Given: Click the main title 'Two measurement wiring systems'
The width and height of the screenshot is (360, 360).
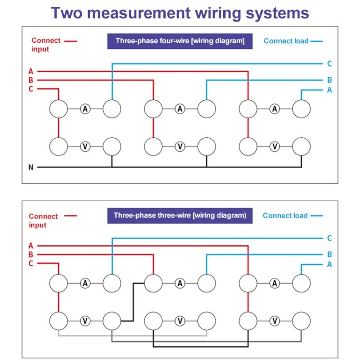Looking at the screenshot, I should pyautogui.click(x=180, y=12).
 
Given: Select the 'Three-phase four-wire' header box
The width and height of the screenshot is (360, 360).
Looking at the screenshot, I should pyautogui.click(x=180, y=41).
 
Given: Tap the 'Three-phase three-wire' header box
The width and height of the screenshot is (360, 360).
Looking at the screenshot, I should pyautogui.click(x=180, y=216).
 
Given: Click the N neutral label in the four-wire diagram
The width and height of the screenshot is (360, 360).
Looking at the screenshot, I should pyautogui.click(x=31, y=168).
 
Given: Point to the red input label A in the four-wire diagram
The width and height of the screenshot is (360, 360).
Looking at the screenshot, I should pyautogui.click(x=31, y=72).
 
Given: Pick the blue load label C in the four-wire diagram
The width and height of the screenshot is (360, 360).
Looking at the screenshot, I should pyautogui.click(x=329, y=63).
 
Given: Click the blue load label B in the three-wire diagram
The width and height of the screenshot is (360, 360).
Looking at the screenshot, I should pyautogui.click(x=329, y=255).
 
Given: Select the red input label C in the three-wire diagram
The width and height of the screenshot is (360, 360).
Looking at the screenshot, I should pyautogui.click(x=31, y=263).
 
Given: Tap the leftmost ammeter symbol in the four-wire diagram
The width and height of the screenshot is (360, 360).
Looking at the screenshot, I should pyautogui.click(x=85, y=109).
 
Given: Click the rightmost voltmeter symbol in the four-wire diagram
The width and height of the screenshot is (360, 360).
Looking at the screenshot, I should pyautogui.click(x=275, y=146).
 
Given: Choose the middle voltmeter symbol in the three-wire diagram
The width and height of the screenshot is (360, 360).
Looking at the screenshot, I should pyautogui.click(x=180, y=321).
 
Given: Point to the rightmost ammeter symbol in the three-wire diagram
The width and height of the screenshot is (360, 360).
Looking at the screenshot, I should pyautogui.click(x=275, y=284).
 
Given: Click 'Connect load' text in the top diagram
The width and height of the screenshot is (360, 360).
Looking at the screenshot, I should pyautogui.click(x=286, y=41).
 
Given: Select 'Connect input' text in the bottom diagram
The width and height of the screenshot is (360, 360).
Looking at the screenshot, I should pyautogui.click(x=43, y=221).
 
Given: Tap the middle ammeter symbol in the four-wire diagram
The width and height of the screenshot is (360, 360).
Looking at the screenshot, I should pyautogui.click(x=180, y=109).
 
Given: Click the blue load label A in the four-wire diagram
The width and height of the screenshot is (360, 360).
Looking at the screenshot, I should pyautogui.click(x=329, y=90).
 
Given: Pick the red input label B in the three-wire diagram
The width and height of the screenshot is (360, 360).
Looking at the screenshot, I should pyautogui.click(x=31, y=254).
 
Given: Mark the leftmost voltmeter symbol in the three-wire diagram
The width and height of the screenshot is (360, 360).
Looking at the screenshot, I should pyautogui.click(x=85, y=321).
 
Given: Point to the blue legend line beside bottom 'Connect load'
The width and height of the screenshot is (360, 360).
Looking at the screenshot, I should pyautogui.click(x=316, y=216).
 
